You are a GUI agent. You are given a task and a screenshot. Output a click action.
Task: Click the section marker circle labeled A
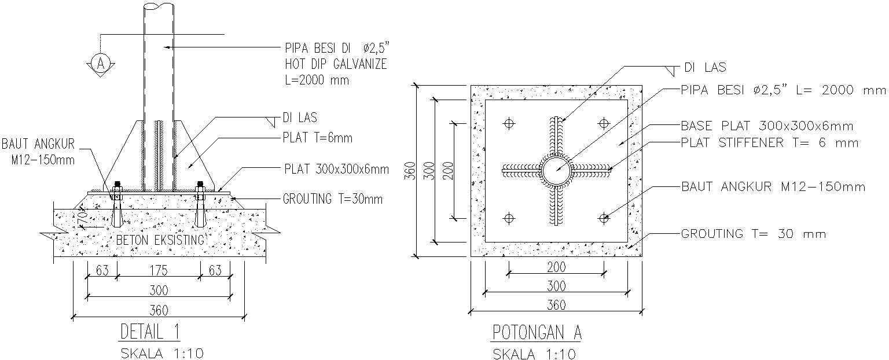pyautogui.click(x=100, y=63)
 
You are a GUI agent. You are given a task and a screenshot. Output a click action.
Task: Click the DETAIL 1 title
pyautogui.click(x=150, y=332)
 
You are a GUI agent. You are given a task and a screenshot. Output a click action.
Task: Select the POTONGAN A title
pyautogui.click(x=537, y=333)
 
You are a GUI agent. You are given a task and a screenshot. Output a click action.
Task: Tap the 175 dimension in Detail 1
pyautogui.click(x=159, y=270)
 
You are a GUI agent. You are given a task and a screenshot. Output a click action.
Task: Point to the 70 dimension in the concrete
pyautogui.click(x=82, y=218)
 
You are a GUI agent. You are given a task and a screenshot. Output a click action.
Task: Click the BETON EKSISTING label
pyautogui.click(x=160, y=240)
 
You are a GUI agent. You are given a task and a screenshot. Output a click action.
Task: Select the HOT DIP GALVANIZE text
pyautogui.click(x=335, y=64)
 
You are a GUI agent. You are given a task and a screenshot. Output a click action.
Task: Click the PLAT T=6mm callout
pyautogui.click(x=317, y=138)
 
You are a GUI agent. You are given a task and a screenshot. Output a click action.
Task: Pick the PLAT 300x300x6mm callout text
pyautogui.click(x=336, y=170)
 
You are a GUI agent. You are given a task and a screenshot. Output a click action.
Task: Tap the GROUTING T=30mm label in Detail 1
pyautogui.click(x=333, y=200)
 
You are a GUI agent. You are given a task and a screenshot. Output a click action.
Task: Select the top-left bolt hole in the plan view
pyautogui.click(x=509, y=123)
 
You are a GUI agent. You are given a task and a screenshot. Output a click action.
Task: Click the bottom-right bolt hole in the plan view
pyautogui.click(x=604, y=218)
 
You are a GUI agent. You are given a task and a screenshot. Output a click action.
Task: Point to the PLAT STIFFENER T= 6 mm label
pyautogui.click(x=770, y=143)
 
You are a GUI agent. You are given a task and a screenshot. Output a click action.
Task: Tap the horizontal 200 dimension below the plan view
pyautogui.click(x=556, y=267)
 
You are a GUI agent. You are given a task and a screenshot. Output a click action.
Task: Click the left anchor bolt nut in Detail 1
pyautogui.click(x=117, y=187)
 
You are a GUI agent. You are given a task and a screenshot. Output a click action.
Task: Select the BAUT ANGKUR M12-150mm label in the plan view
pyautogui.click(x=773, y=187)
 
